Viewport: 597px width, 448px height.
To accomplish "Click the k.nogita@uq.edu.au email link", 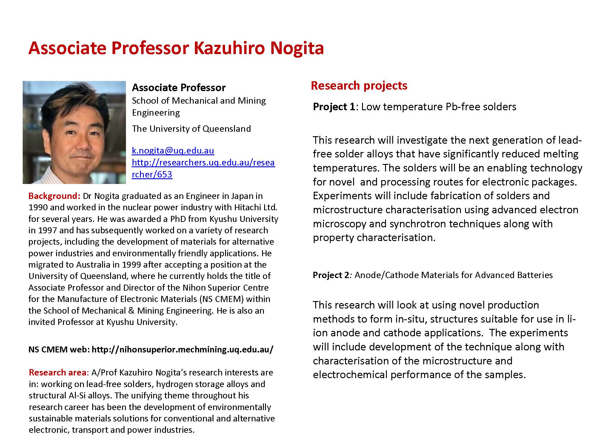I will click(173, 151).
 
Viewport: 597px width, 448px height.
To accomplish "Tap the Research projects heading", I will click(359, 86).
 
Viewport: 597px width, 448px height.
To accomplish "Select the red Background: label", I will click(54, 196).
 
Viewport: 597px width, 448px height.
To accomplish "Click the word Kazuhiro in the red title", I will click(229, 48).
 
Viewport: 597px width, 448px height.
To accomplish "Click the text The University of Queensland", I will click(191, 129).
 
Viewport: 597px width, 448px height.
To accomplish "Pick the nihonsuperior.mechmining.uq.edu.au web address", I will click(182, 349).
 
